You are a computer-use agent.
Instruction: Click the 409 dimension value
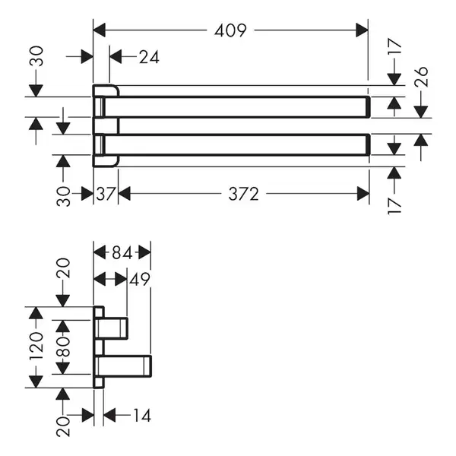[230, 30]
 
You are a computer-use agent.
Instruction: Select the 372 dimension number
[243, 194]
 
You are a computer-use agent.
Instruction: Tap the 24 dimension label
[149, 57]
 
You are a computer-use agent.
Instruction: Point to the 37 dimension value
[106, 194]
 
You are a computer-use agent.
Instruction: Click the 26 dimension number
[421, 77]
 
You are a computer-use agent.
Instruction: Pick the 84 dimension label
[122, 253]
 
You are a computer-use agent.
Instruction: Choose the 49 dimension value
[140, 280]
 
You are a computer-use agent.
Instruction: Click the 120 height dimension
[36, 347]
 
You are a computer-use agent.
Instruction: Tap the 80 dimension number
[63, 347]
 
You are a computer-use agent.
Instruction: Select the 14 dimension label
[142, 415]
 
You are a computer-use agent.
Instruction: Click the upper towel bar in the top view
[236, 107]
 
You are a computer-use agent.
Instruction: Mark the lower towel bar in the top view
[236, 145]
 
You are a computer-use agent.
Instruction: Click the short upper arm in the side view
[112, 328]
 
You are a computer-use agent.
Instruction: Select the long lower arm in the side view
[124, 366]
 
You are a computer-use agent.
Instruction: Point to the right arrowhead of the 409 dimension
[362, 30]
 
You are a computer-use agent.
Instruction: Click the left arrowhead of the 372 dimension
[125, 194]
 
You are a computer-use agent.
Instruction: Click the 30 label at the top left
[36, 56]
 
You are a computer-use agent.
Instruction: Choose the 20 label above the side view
[63, 268]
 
